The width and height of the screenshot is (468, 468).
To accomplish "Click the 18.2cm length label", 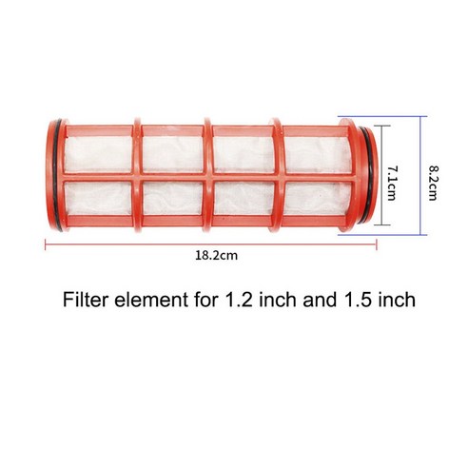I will [210, 256].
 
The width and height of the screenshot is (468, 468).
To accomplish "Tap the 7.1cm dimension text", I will [393, 177].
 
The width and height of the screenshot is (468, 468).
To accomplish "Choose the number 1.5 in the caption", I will [356, 302].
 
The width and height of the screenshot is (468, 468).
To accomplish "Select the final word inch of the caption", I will [396, 302].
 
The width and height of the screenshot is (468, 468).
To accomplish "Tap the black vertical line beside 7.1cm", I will [381, 176].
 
